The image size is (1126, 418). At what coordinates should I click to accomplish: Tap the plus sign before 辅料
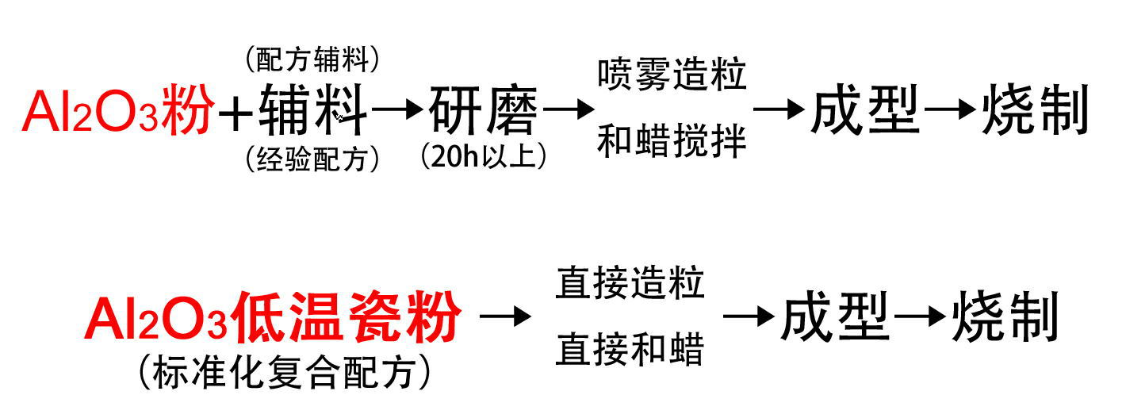[235, 113]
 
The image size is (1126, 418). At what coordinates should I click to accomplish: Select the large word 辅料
[313, 112]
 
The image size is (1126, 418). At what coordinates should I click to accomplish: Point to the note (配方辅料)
[312, 58]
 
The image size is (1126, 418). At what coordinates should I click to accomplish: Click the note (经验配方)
[312, 160]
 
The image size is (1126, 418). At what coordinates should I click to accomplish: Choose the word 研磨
[483, 112]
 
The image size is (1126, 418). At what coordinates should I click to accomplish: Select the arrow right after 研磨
[568, 110]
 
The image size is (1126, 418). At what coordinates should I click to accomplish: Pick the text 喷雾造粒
[672, 75]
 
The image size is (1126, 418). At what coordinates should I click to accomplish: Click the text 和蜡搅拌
[672, 143]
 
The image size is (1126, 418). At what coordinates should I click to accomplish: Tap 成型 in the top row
[864, 111]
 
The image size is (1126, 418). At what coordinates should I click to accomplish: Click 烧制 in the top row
[1034, 111]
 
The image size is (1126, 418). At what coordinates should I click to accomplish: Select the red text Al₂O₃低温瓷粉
[273, 318]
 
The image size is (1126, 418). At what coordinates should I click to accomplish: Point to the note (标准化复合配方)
[284, 371]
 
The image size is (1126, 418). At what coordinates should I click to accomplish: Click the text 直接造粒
[630, 283]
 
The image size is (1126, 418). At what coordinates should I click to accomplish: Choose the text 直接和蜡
[630, 349]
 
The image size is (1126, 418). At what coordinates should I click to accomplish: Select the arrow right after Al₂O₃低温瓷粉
[505, 317]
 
